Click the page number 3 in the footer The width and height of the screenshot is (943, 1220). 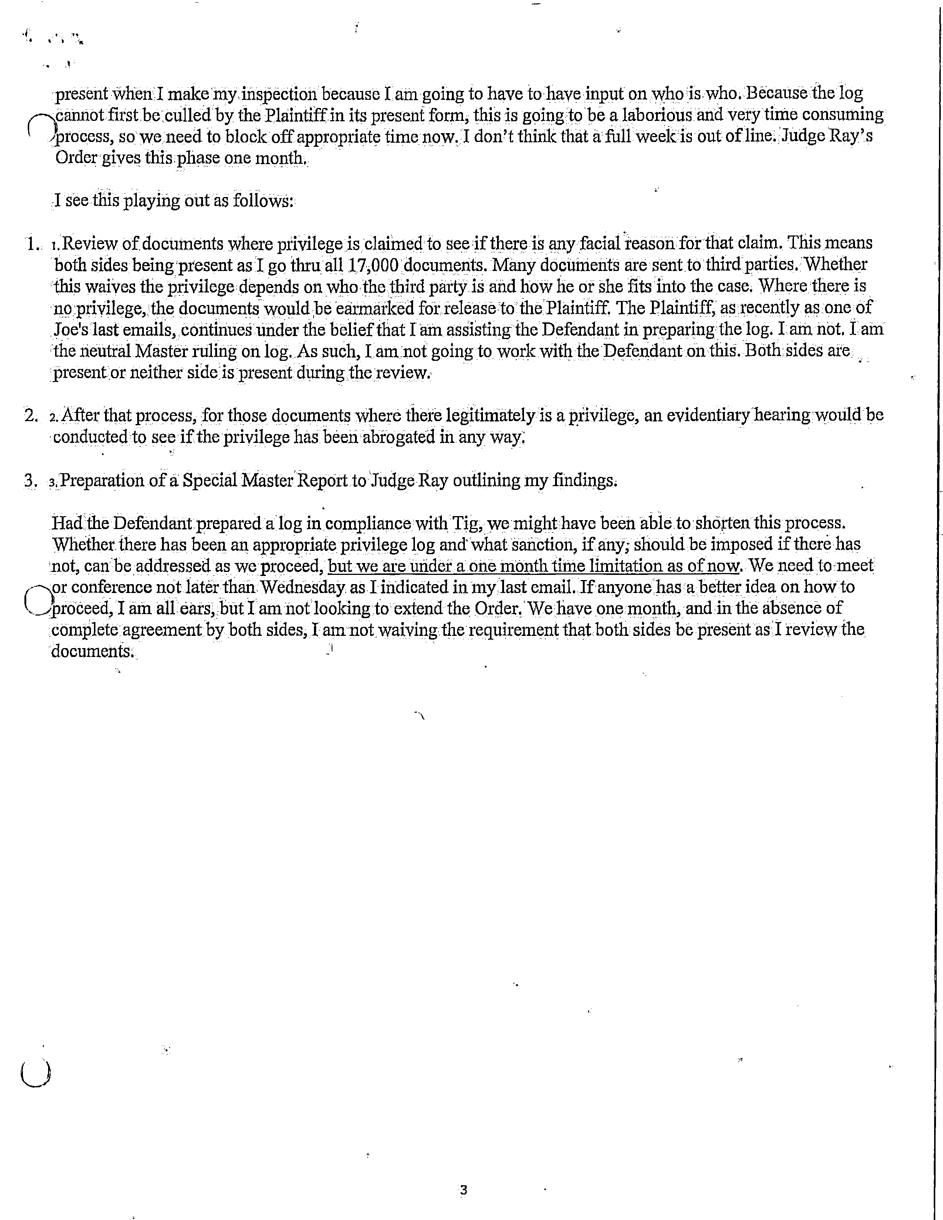coord(463,1190)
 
